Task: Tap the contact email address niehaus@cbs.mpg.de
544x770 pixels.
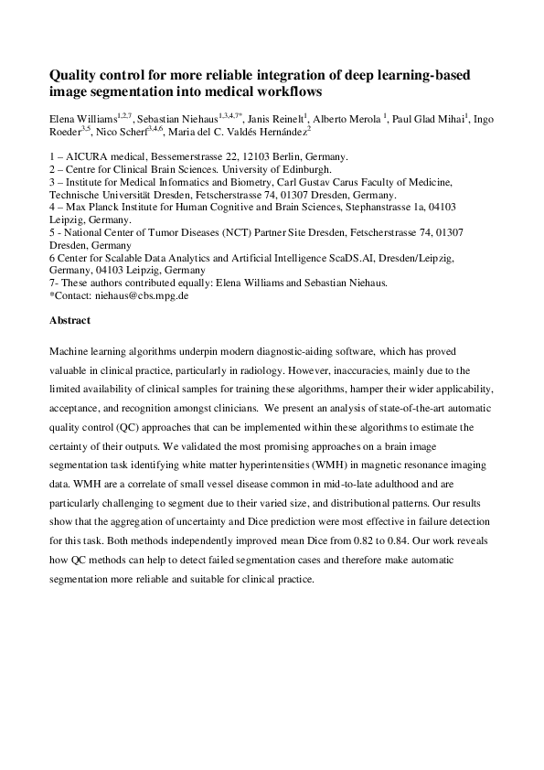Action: coord(144,296)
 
